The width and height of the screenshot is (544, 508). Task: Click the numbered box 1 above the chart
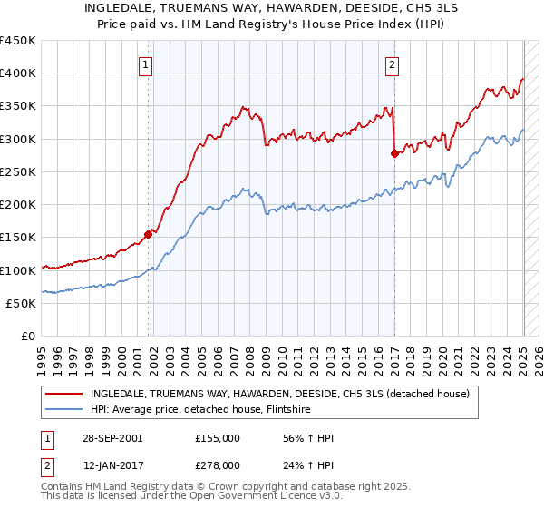[146, 63]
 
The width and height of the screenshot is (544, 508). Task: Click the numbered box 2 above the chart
[392, 63]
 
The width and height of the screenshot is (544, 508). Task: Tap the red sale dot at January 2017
[394, 154]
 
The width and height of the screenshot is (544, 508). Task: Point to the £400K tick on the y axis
[18, 73]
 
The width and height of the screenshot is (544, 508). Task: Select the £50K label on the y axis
[22, 304]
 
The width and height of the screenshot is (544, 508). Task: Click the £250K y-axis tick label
[18, 172]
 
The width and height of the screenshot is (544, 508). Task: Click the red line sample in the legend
[63, 394]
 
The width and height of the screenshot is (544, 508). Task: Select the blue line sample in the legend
[63, 409]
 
